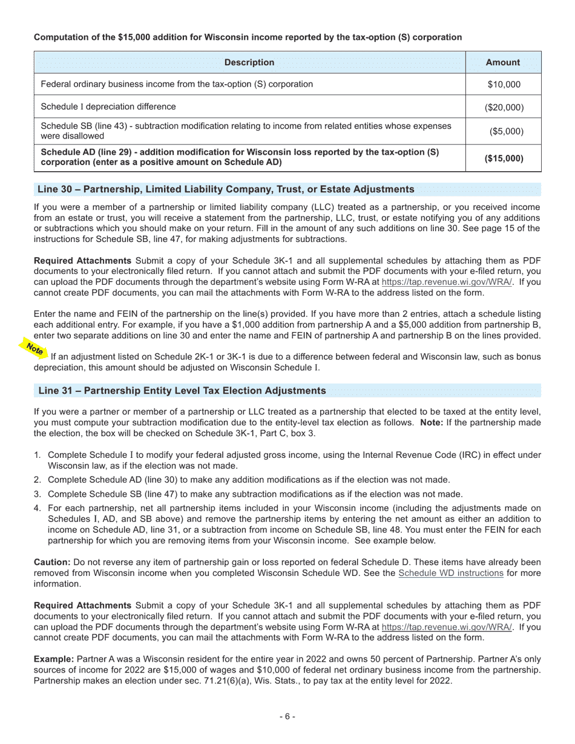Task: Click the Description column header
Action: click(x=249, y=62)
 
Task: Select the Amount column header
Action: click(x=502, y=62)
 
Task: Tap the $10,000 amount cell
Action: click(x=504, y=85)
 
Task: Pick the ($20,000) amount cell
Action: click(x=504, y=108)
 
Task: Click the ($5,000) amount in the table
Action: click(x=504, y=131)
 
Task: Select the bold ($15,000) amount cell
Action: click(x=504, y=158)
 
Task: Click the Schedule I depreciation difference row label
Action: click(x=108, y=107)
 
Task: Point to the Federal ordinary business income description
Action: click(x=177, y=84)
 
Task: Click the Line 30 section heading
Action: click(x=226, y=189)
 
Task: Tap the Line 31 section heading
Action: click(x=182, y=391)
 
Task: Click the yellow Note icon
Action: click(x=34, y=349)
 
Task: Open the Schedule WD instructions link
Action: click(x=450, y=573)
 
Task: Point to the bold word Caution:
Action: click(x=51, y=562)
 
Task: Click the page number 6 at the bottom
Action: click(x=287, y=716)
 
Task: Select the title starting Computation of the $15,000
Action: click(x=248, y=38)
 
